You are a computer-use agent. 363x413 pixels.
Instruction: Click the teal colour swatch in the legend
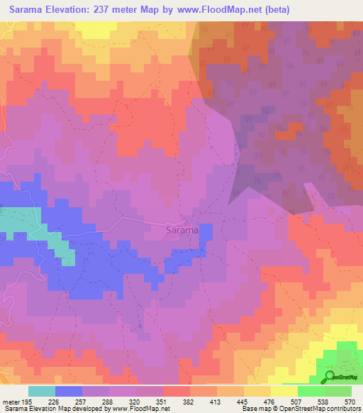pos(42,391)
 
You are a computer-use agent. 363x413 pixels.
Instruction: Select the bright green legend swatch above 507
pos(311,391)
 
